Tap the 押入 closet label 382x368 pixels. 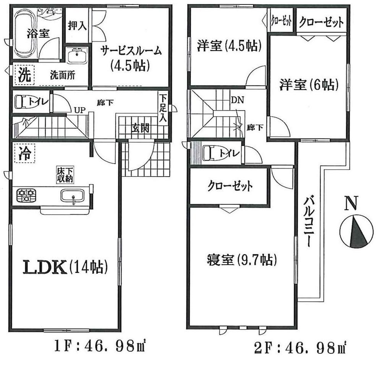click(x=77, y=26)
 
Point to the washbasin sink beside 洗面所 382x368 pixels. click(x=78, y=56)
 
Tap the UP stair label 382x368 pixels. click(x=80, y=110)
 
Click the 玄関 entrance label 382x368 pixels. click(x=140, y=128)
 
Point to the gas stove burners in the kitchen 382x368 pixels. click(x=26, y=196)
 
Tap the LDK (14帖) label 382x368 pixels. click(x=65, y=267)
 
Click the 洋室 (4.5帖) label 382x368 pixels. click(x=229, y=46)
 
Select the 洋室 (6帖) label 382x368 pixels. click(x=309, y=85)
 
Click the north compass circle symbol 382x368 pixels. click(x=356, y=231)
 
